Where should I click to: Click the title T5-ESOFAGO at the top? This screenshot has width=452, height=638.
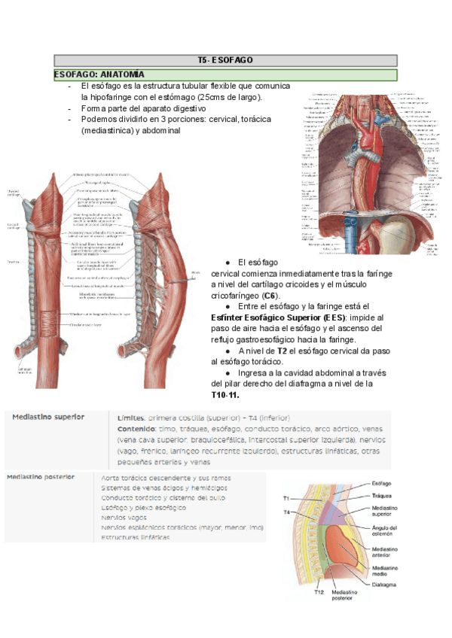[225, 60]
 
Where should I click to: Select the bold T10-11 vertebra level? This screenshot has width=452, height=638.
[225, 395]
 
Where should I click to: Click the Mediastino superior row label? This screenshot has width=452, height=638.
[48, 417]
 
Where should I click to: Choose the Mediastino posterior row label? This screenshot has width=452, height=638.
[41, 477]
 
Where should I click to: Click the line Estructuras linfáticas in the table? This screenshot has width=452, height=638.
[136, 538]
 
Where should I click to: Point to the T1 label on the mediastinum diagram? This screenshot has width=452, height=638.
[286, 499]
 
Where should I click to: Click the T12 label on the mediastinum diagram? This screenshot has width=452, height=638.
[319, 592]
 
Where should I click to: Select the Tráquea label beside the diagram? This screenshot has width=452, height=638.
[383, 496]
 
